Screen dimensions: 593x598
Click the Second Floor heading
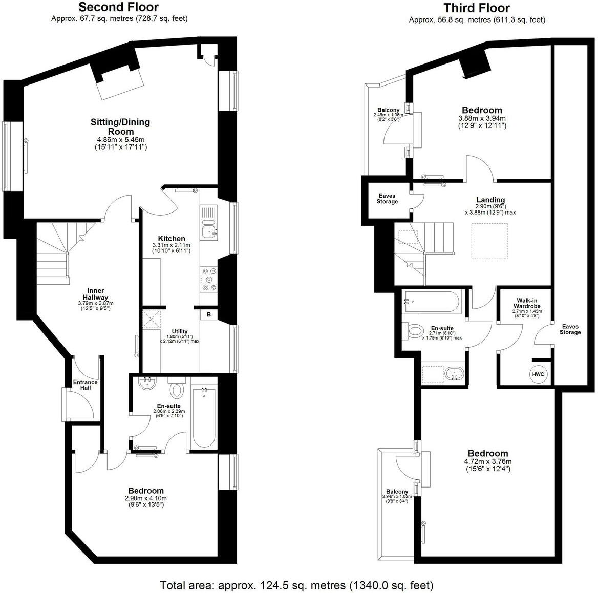(118, 7)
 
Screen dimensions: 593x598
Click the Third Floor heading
(476, 8)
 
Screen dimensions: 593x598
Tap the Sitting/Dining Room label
(120, 126)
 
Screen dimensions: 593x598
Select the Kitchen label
(172, 239)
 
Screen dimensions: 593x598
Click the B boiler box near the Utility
(209, 314)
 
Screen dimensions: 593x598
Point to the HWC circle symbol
(538, 374)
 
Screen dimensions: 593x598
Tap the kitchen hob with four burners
(209, 279)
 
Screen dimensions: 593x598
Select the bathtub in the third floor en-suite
(433, 303)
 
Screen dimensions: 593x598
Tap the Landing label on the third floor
(490, 200)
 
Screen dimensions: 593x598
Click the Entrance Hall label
(85, 385)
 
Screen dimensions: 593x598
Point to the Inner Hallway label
(96, 294)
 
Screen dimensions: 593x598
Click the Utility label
(180, 331)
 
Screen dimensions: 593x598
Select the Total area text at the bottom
(297, 585)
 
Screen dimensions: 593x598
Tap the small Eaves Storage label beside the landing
(387, 199)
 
